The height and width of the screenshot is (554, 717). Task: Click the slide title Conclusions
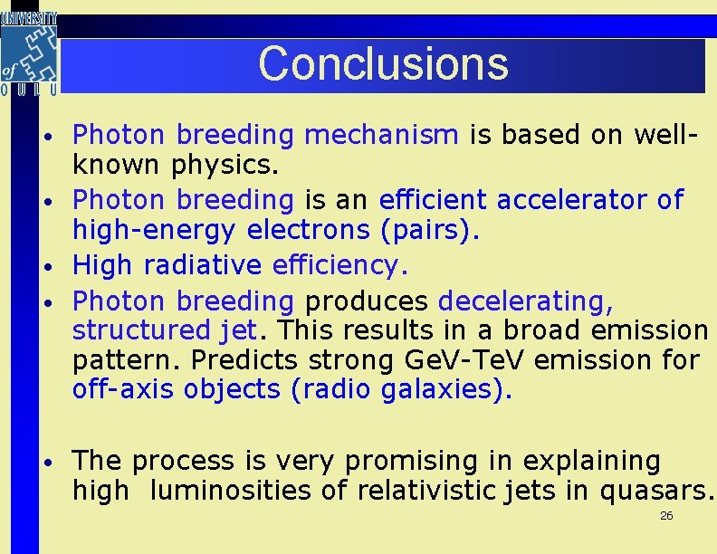[383, 63]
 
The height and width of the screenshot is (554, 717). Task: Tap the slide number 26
[666, 516]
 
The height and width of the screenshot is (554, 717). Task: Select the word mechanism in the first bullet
[381, 135]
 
